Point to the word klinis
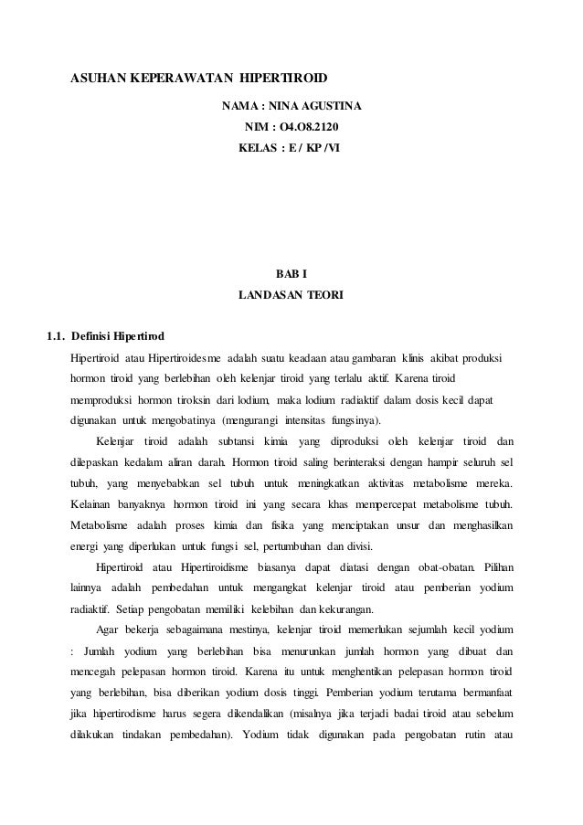pyautogui.click(x=419, y=355)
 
